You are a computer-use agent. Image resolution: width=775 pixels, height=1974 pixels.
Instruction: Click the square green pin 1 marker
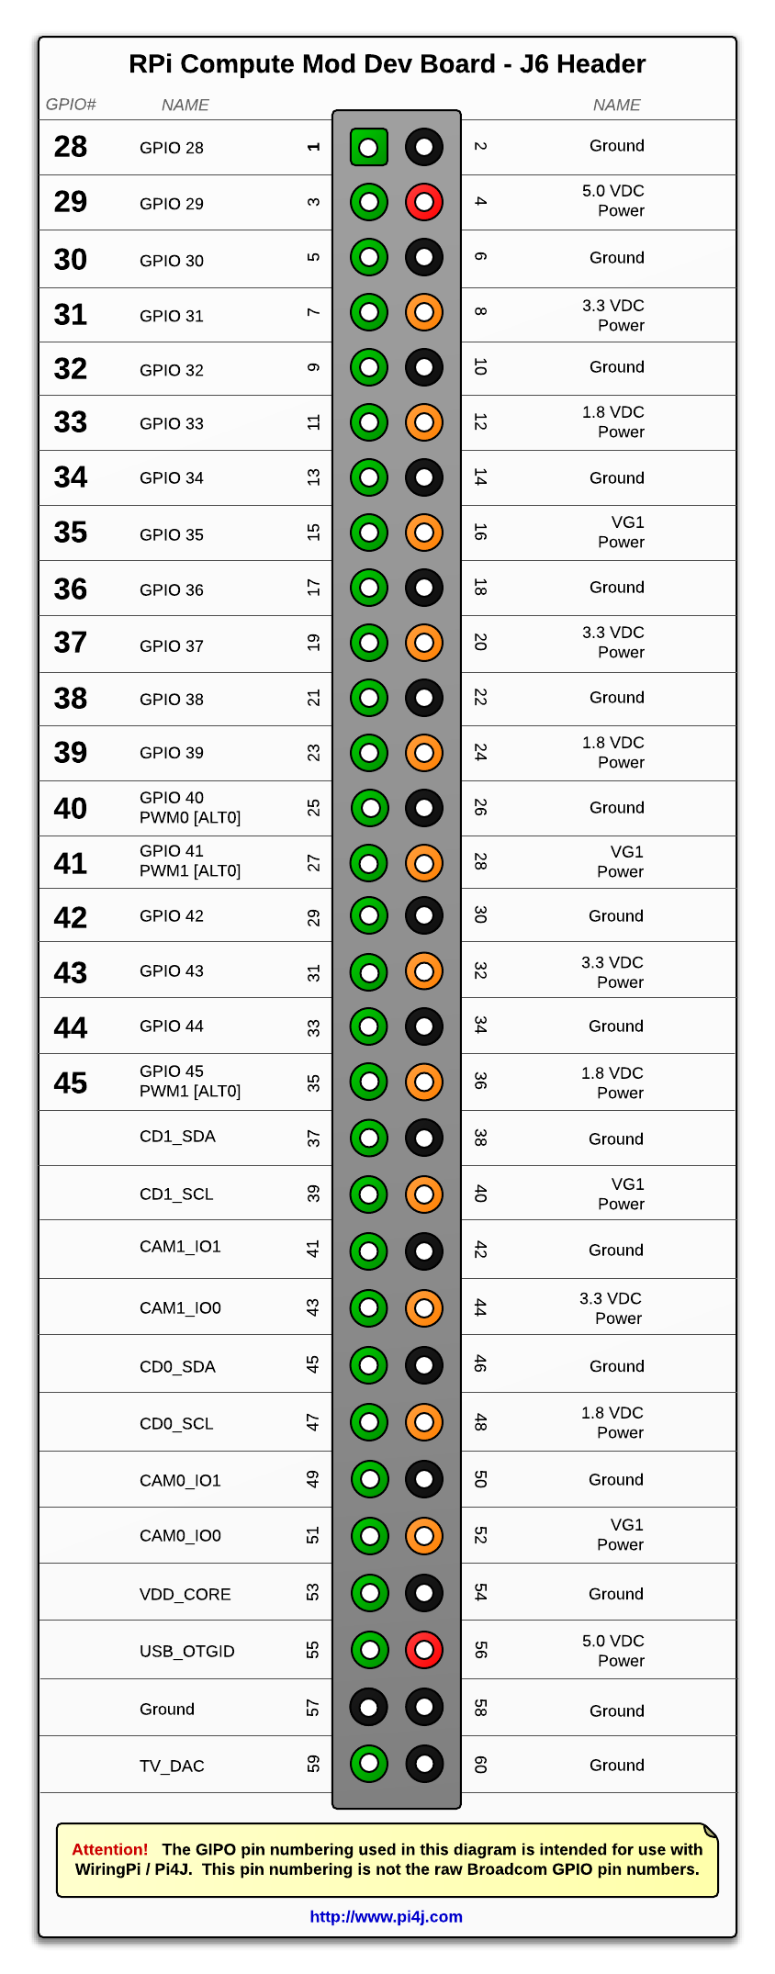point(369,147)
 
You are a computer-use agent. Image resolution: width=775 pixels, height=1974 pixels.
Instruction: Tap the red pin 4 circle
point(424,202)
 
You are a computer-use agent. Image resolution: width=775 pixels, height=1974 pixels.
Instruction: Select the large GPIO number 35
point(71,533)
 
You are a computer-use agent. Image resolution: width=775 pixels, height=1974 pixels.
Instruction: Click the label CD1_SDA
point(177,1137)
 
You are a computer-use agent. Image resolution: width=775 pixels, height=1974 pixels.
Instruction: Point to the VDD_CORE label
point(185,1594)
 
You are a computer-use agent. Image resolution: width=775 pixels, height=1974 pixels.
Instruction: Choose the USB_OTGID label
point(186,1651)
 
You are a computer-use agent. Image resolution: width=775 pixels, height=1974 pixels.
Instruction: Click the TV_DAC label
point(172,1766)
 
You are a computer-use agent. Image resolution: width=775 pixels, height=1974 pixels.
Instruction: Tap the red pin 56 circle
point(424,1650)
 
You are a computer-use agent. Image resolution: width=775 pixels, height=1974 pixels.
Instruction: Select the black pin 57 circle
point(369,1708)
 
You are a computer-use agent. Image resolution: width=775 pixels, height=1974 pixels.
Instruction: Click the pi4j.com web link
point(386,1916)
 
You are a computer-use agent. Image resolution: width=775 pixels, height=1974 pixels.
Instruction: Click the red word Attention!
point(109,1849)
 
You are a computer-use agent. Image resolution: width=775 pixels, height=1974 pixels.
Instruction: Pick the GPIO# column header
point(71,105)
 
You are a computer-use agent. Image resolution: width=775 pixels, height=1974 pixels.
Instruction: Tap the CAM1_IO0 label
point(180,1307)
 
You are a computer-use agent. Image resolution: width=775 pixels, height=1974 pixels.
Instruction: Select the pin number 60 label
point(479,1764)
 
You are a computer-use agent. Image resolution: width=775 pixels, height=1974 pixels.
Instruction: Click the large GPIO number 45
point(71,1082)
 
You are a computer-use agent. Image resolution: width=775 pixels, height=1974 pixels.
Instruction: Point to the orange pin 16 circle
point(424,533)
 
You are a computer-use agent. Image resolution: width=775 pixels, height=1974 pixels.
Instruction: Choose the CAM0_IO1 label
point(180,1480)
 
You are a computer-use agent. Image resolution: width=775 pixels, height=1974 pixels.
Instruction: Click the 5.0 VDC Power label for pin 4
point(614,201)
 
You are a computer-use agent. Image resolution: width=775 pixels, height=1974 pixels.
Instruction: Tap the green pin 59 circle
point(369,1763)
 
